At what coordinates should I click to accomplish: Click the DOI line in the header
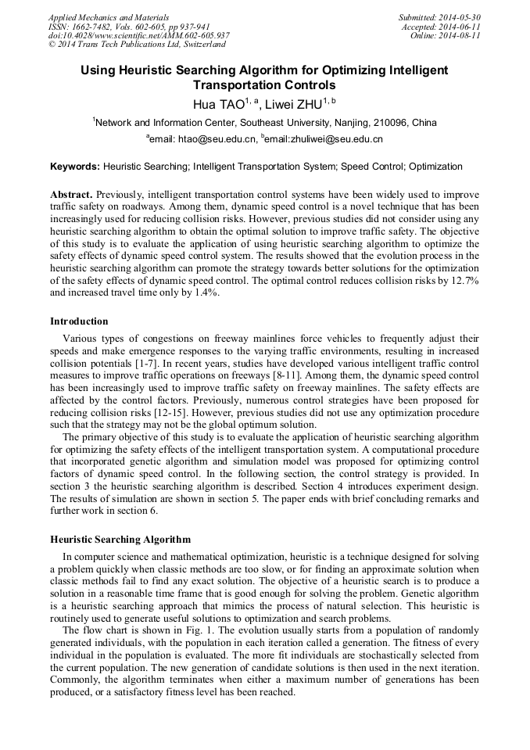[138, 35]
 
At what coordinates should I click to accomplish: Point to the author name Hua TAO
[218, 103]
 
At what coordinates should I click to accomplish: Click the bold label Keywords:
[75, 167]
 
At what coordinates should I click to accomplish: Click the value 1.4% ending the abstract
[206, 292]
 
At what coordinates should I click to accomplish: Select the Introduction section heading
[79, 321]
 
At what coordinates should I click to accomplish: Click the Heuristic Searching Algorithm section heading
[120, 540]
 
